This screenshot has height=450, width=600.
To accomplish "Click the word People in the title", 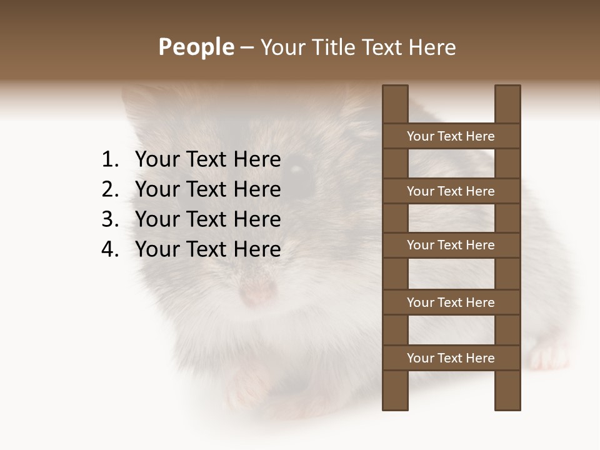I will [x=196, y=47].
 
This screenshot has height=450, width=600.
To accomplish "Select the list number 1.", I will [x=109, y=160].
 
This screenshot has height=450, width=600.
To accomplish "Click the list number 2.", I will [x=109, y=189].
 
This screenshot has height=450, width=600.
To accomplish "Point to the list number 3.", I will [x=109, y=219].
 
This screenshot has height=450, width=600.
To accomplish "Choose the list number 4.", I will [x=109, y=249].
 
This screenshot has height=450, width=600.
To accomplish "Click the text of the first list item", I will [x=207, y=160].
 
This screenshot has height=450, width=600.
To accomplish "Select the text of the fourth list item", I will [x=207, y=249].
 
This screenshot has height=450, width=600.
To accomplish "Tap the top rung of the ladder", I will [x=451, y=136].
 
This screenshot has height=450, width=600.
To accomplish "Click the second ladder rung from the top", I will [x=451, y=191].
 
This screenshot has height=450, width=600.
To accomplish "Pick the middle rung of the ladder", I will [x=451, y=245].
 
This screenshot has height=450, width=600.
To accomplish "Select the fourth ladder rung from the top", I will [x=451, y=302].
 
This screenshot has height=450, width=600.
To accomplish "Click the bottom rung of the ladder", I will [x=451, y=358].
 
